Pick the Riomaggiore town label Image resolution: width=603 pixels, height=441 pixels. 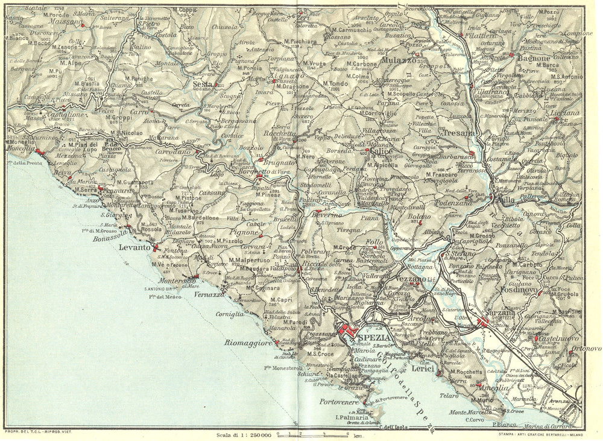pyautogui.click(x=248, y=344)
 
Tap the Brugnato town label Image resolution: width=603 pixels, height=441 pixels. pyautogui.click(x=279, y=163)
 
